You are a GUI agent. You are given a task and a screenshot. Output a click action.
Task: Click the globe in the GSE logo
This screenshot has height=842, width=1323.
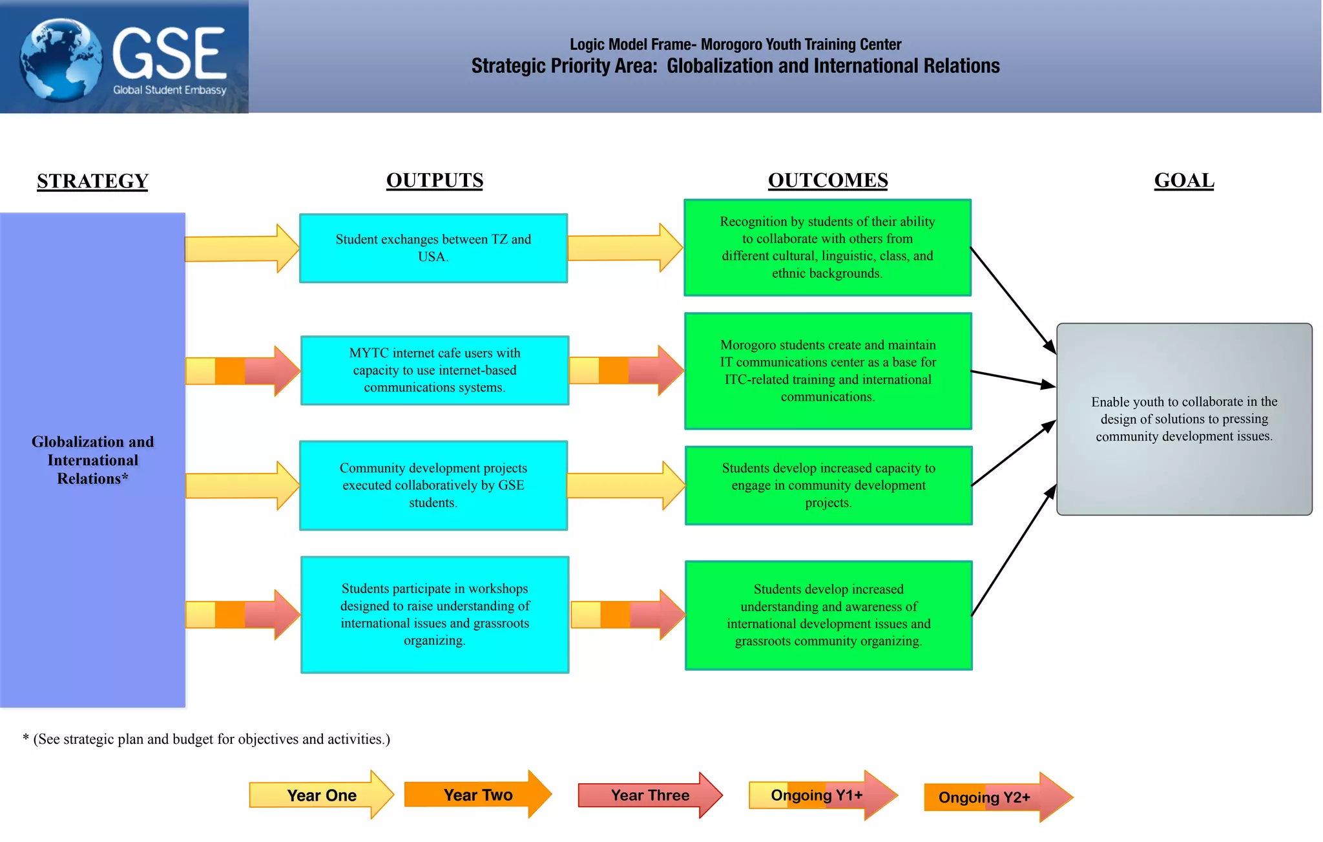(61, 59)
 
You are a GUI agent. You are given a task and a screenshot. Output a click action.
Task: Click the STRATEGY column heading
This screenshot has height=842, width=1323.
(92, 181)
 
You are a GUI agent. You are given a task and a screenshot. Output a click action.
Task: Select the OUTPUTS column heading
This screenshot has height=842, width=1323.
(434, 180)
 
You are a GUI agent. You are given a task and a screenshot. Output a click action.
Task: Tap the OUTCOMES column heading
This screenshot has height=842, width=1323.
(828, 180)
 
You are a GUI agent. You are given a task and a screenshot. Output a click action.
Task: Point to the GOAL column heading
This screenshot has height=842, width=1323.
(1183, 180)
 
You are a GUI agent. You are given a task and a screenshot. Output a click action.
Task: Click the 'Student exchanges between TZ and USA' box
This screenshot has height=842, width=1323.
(433, 248)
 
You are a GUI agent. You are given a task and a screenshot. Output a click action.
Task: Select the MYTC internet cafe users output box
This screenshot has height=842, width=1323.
(434, 370)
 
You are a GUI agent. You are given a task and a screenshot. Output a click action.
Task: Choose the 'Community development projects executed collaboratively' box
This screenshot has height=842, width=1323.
(433, 485)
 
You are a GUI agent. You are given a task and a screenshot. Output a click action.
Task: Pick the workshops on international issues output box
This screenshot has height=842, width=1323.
(434, 615)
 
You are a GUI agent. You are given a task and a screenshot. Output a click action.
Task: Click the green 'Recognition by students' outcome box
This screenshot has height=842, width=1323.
(827, 247)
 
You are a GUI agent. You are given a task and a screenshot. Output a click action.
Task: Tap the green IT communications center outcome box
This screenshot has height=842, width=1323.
(828, 371)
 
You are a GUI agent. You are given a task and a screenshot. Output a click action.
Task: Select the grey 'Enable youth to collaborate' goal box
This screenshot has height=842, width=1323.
(1183, 419)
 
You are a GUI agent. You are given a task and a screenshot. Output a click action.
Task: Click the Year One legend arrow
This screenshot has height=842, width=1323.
(321, 795)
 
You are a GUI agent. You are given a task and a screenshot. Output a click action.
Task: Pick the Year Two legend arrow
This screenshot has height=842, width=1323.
(477, 795)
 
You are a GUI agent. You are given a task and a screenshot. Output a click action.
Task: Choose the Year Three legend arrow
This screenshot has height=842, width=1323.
(649, 795)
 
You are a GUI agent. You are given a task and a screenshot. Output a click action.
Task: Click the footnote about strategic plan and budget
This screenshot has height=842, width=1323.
(207, 739)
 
